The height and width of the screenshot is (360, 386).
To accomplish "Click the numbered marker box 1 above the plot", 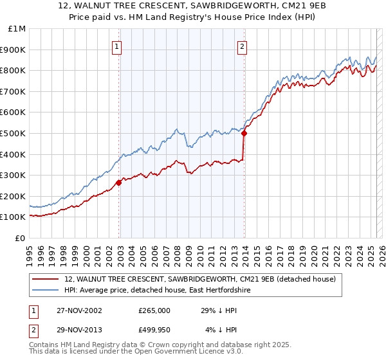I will pyautogui.click(x=117, y=46).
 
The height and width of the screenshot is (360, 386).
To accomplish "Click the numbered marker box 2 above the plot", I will pyautogui.click(x=242, y=46).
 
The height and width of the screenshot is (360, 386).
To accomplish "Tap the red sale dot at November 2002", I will pyautogui.click(x=119, y=183).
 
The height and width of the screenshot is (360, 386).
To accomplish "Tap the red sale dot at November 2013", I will pyautogui.click(x=244, y=133).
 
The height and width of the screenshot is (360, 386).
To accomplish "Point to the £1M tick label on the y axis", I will pyautogui.click(x=16, y=29).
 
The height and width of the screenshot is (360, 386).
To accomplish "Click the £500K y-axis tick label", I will pyautogui.click(x=14, y=134).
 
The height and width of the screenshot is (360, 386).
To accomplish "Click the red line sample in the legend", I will pyautogui.click(x=46, y=280).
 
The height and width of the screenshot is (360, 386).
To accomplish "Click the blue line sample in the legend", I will pyautogui.click(x=46, y=291).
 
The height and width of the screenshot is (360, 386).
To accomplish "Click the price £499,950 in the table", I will pyautogui.click(x=154, y=329).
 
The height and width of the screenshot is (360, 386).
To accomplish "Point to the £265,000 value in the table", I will pyautogui.click(x=154, y=310).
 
